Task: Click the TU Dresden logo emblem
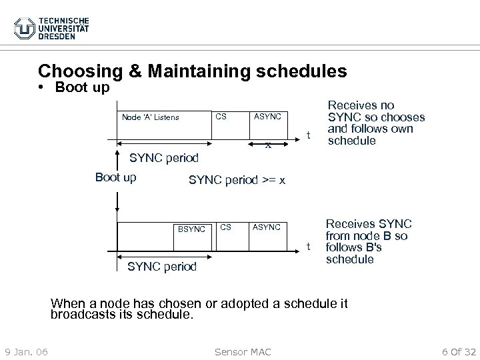[24, 28]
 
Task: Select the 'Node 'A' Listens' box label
[150, 117]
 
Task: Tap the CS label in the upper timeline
[222, 117]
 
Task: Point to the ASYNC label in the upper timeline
[269, 117]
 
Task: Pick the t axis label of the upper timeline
[307, 135]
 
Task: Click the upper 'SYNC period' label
[164, 158]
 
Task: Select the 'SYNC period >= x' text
[237, 180]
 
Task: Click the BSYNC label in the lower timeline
[191, 229]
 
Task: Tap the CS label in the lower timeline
[226, 227]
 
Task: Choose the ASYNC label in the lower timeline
[266, 227]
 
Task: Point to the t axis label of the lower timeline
[307, 246]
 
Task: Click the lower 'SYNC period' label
[162, 267]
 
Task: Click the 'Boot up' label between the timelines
[116, 177]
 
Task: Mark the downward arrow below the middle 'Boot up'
[117, 200]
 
